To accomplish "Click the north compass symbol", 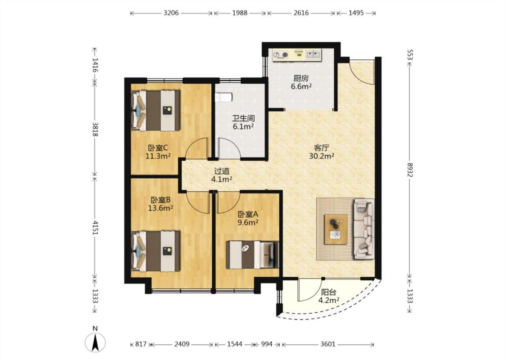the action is point(95,342).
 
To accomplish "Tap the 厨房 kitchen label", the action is point(301,78).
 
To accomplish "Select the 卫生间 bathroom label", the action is point(243,118).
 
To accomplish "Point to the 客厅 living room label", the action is point(322,148).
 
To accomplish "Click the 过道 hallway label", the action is point(222,171).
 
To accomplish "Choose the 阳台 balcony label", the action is point(328,292).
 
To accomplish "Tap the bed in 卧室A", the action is point(252,255).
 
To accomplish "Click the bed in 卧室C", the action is point(156,110).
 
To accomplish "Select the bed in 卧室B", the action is point(156,251).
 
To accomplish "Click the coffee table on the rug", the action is point(336,229).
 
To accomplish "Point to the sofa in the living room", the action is point(364,229).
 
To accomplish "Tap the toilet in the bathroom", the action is point(223,97).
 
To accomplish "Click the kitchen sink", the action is point(313,54).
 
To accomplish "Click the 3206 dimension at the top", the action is point(171,13).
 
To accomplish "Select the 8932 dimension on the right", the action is point(409,170).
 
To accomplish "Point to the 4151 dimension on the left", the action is point(94,227).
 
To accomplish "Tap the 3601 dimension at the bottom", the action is point(328,344).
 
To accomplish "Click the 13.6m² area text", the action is point(161,208).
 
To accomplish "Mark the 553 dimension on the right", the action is point(410,55).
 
